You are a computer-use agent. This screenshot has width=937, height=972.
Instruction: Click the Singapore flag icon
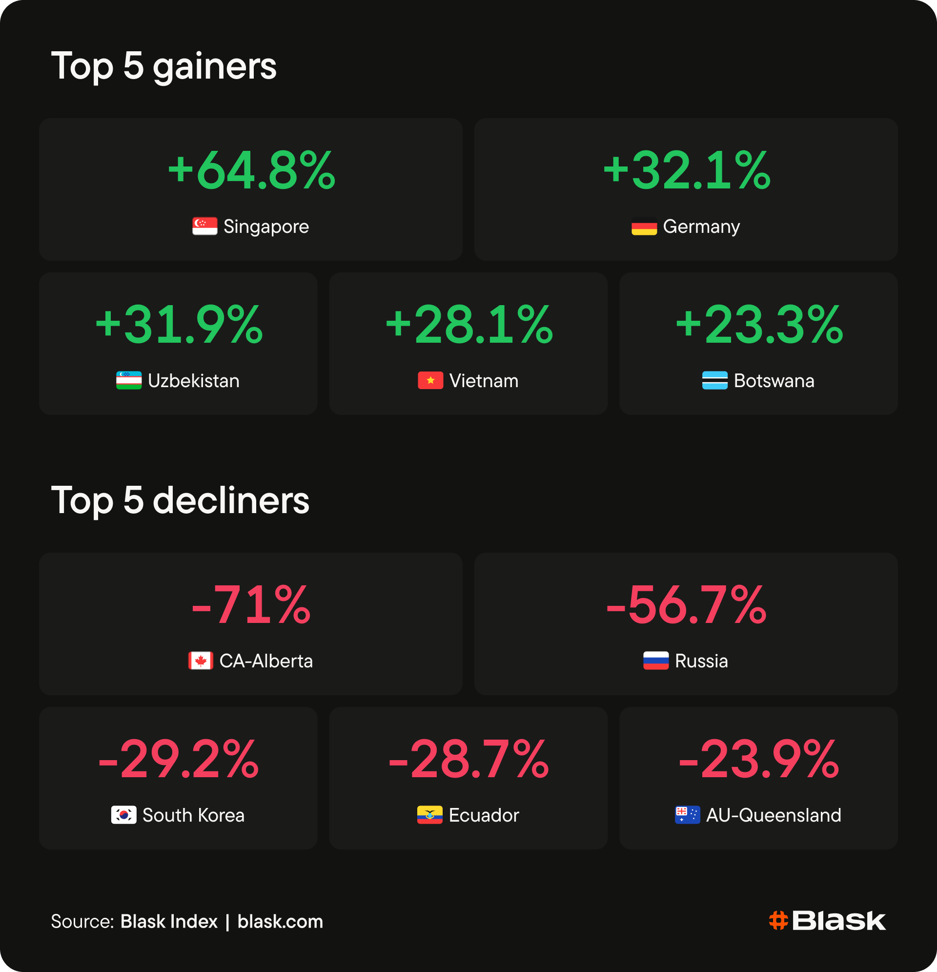(205, 226)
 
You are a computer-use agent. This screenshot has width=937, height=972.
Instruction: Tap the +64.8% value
(252, 170)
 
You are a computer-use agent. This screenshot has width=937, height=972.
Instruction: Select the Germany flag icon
(644, 226)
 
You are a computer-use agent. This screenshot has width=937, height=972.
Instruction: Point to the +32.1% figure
(687, 170)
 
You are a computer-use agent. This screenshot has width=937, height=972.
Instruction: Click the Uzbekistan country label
(194, 381)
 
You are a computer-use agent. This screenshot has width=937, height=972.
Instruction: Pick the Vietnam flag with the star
(430, 380)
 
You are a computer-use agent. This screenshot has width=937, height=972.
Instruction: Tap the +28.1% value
(469, 325)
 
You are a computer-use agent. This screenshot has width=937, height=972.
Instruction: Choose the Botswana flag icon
(715, 380)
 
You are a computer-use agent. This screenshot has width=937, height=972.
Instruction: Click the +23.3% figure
(759, 325)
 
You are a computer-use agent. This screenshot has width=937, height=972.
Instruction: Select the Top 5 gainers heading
(163, 66)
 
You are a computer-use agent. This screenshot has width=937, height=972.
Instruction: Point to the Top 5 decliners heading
(180, 500)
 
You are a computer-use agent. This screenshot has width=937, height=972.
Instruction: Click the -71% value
(251, 605)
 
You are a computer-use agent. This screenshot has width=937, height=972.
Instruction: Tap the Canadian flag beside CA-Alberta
(201, 661)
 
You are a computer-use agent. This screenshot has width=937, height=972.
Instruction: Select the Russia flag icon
(656, 661)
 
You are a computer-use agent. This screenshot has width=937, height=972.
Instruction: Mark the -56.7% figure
(687, 605)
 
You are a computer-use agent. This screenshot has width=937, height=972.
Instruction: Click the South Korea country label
(194, 815)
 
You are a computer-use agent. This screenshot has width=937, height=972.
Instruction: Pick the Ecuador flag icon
(430, 815)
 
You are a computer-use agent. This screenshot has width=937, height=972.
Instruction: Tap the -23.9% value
(759, 759)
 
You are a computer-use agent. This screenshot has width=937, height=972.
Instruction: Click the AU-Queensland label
(774, 815)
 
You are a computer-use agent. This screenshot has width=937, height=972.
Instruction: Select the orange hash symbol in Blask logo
(778, 921)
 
